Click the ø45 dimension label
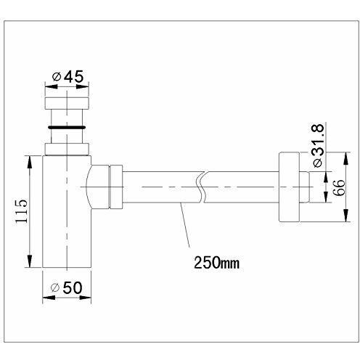tap(67, 77)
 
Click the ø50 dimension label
tap(67, 288)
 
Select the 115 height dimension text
tap(22, 212)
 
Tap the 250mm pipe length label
tap(216, 262)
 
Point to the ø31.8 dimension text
tap(317, 145)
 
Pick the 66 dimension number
tap(338, 188)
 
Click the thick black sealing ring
tap(67, 127)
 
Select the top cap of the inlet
tap(67, 103)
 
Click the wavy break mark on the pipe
tap(202, 187)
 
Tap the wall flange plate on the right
tap(290, 187)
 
